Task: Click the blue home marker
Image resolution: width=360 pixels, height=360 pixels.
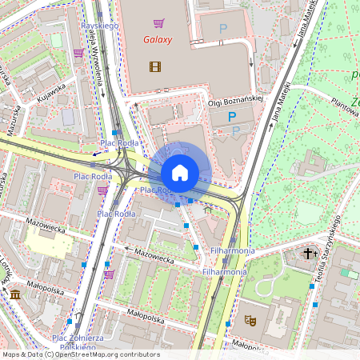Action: point(180,172)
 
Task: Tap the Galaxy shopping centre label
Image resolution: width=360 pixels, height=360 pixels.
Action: point(158,39)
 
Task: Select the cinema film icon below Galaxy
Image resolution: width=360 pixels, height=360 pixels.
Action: point(154,66)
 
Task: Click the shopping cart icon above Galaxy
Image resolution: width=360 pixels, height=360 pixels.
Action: point(158,23)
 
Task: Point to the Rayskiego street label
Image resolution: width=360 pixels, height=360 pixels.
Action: point(99,26)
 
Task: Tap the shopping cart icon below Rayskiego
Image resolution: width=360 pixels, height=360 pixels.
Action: point(78,53)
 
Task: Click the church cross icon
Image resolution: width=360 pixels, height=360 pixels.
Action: point(309,254)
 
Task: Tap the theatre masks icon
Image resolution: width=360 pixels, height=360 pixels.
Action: point(250,319)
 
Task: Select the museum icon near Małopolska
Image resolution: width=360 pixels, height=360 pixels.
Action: point(15,296)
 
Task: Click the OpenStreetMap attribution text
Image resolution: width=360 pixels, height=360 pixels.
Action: point(80,354)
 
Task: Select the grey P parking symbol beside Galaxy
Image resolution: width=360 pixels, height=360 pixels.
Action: point(223,30)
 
